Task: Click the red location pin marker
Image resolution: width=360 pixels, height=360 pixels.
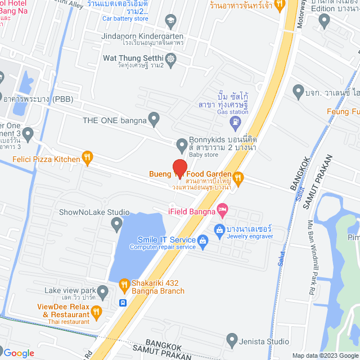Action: coord(179,169)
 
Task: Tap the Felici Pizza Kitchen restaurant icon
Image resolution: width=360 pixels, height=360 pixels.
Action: coord(87,159)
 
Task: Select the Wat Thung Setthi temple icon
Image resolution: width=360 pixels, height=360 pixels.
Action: coord(172,58)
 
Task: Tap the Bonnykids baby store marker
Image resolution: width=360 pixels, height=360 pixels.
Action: coord(182,146)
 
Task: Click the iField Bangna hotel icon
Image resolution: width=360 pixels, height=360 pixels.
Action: coord(223,211)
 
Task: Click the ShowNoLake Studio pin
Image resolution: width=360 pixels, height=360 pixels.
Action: coord(116,225)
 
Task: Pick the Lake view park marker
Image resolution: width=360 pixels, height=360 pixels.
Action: coord(102,292)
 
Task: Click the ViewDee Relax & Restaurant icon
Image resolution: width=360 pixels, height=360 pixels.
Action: coord(97,310)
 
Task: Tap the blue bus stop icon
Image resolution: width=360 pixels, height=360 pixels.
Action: coord(123,303)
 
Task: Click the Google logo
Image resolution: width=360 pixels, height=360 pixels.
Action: coord(19,353)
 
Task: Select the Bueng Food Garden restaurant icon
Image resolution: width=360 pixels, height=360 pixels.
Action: coord(238,178)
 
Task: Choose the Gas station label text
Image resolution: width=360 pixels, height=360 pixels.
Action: coord(232,112)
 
